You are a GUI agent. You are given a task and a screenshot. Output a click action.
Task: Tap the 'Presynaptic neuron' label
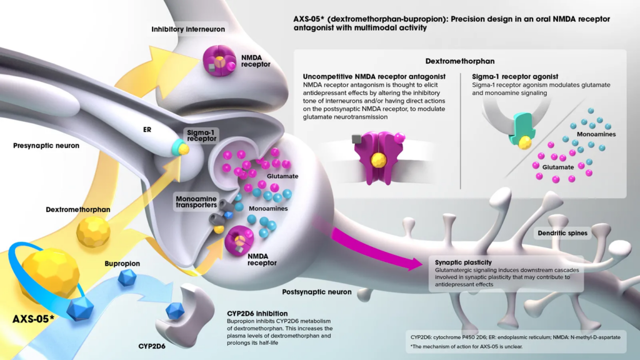[x=46, y=146]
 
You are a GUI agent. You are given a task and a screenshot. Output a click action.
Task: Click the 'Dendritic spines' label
[x=562, y=234]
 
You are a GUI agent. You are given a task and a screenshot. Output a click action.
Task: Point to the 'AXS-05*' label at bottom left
[x=33, y=319]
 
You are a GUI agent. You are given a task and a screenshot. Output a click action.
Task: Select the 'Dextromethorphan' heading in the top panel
[x=460, y=62]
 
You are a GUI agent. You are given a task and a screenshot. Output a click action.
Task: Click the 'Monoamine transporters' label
[x=196, y=200]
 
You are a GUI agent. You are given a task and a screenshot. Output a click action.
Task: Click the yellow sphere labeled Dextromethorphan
[x=93, y=232]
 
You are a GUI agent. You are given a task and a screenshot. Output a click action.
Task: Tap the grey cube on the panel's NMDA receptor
[x=356, y=139]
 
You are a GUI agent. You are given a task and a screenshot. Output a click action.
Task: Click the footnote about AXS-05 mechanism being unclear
[x=460, y=346]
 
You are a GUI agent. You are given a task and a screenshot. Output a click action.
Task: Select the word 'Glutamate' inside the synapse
[x=282, y=176]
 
